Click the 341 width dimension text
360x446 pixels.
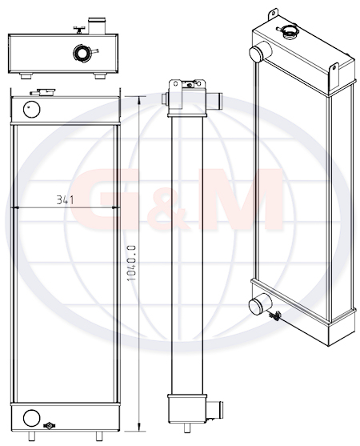click(x=65, y=199)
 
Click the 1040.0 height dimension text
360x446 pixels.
click(x=132, y=263)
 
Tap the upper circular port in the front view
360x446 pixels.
click(x=31, y=109)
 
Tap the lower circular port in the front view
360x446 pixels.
click(x=31, y=418)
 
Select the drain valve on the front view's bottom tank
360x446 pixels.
click(x=49, y=425)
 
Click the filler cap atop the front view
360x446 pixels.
click(x=42, y=92)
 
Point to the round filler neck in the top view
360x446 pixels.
click(x=82, y=53)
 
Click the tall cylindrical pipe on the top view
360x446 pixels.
click(x=97, y=26)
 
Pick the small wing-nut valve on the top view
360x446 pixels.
click(x=79, y=30)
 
